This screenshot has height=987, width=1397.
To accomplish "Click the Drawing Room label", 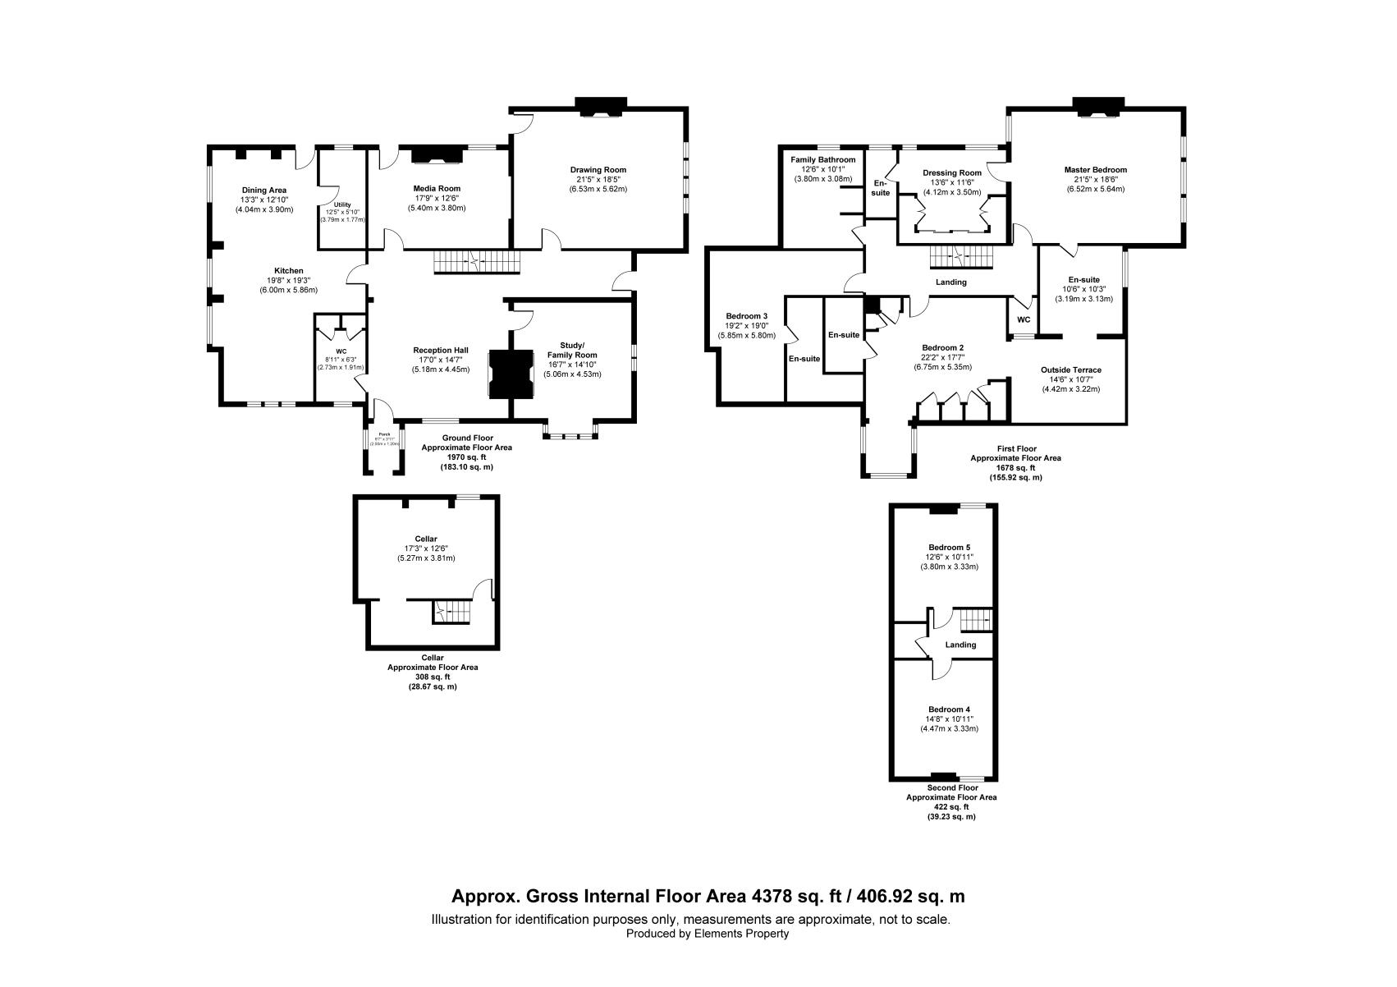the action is pyautogui.click(x=598, y=170).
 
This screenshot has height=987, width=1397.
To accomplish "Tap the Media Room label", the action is pyautogui.click(x=437, y=189).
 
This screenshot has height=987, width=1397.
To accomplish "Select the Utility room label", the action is pyautogui.click(x=341, y=204).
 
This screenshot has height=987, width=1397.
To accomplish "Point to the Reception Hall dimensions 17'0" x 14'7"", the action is pyautogui.click(x=441, y=360).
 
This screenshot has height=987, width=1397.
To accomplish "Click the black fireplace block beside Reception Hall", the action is pyautogui.click(x=511, y=374).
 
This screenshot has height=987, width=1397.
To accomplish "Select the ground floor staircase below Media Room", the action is pyautogui.click(x=477, y=262).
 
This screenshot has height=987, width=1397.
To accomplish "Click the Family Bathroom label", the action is pyautogui.click(x=822, y=160).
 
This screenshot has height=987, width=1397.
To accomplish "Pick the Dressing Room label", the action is pyautogui.click(x=952, y=173).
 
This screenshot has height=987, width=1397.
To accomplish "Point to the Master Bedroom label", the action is pyautogui.click(x=1096, y=170).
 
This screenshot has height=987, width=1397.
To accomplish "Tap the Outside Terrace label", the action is pyautogui.click(x=1070, y=370).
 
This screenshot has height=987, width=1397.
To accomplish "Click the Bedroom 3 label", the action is pyautogui.click(x=747, y=316).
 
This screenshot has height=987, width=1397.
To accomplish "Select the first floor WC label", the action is pyautogui.click(x=1024, y=320).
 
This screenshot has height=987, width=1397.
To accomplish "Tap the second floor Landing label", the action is pyautogui.click(x=960, y=645).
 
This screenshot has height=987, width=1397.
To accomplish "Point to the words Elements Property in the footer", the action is pyautogui.click(x=741, y=934).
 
